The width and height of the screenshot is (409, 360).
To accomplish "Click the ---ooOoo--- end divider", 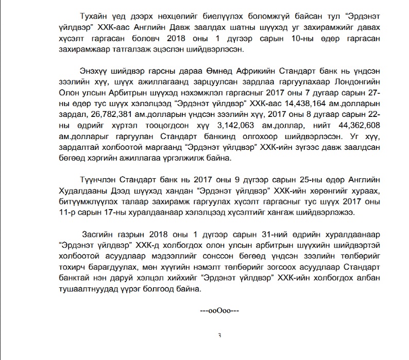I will point(220,311).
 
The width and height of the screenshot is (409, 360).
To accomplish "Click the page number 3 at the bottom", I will point(220,336).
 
